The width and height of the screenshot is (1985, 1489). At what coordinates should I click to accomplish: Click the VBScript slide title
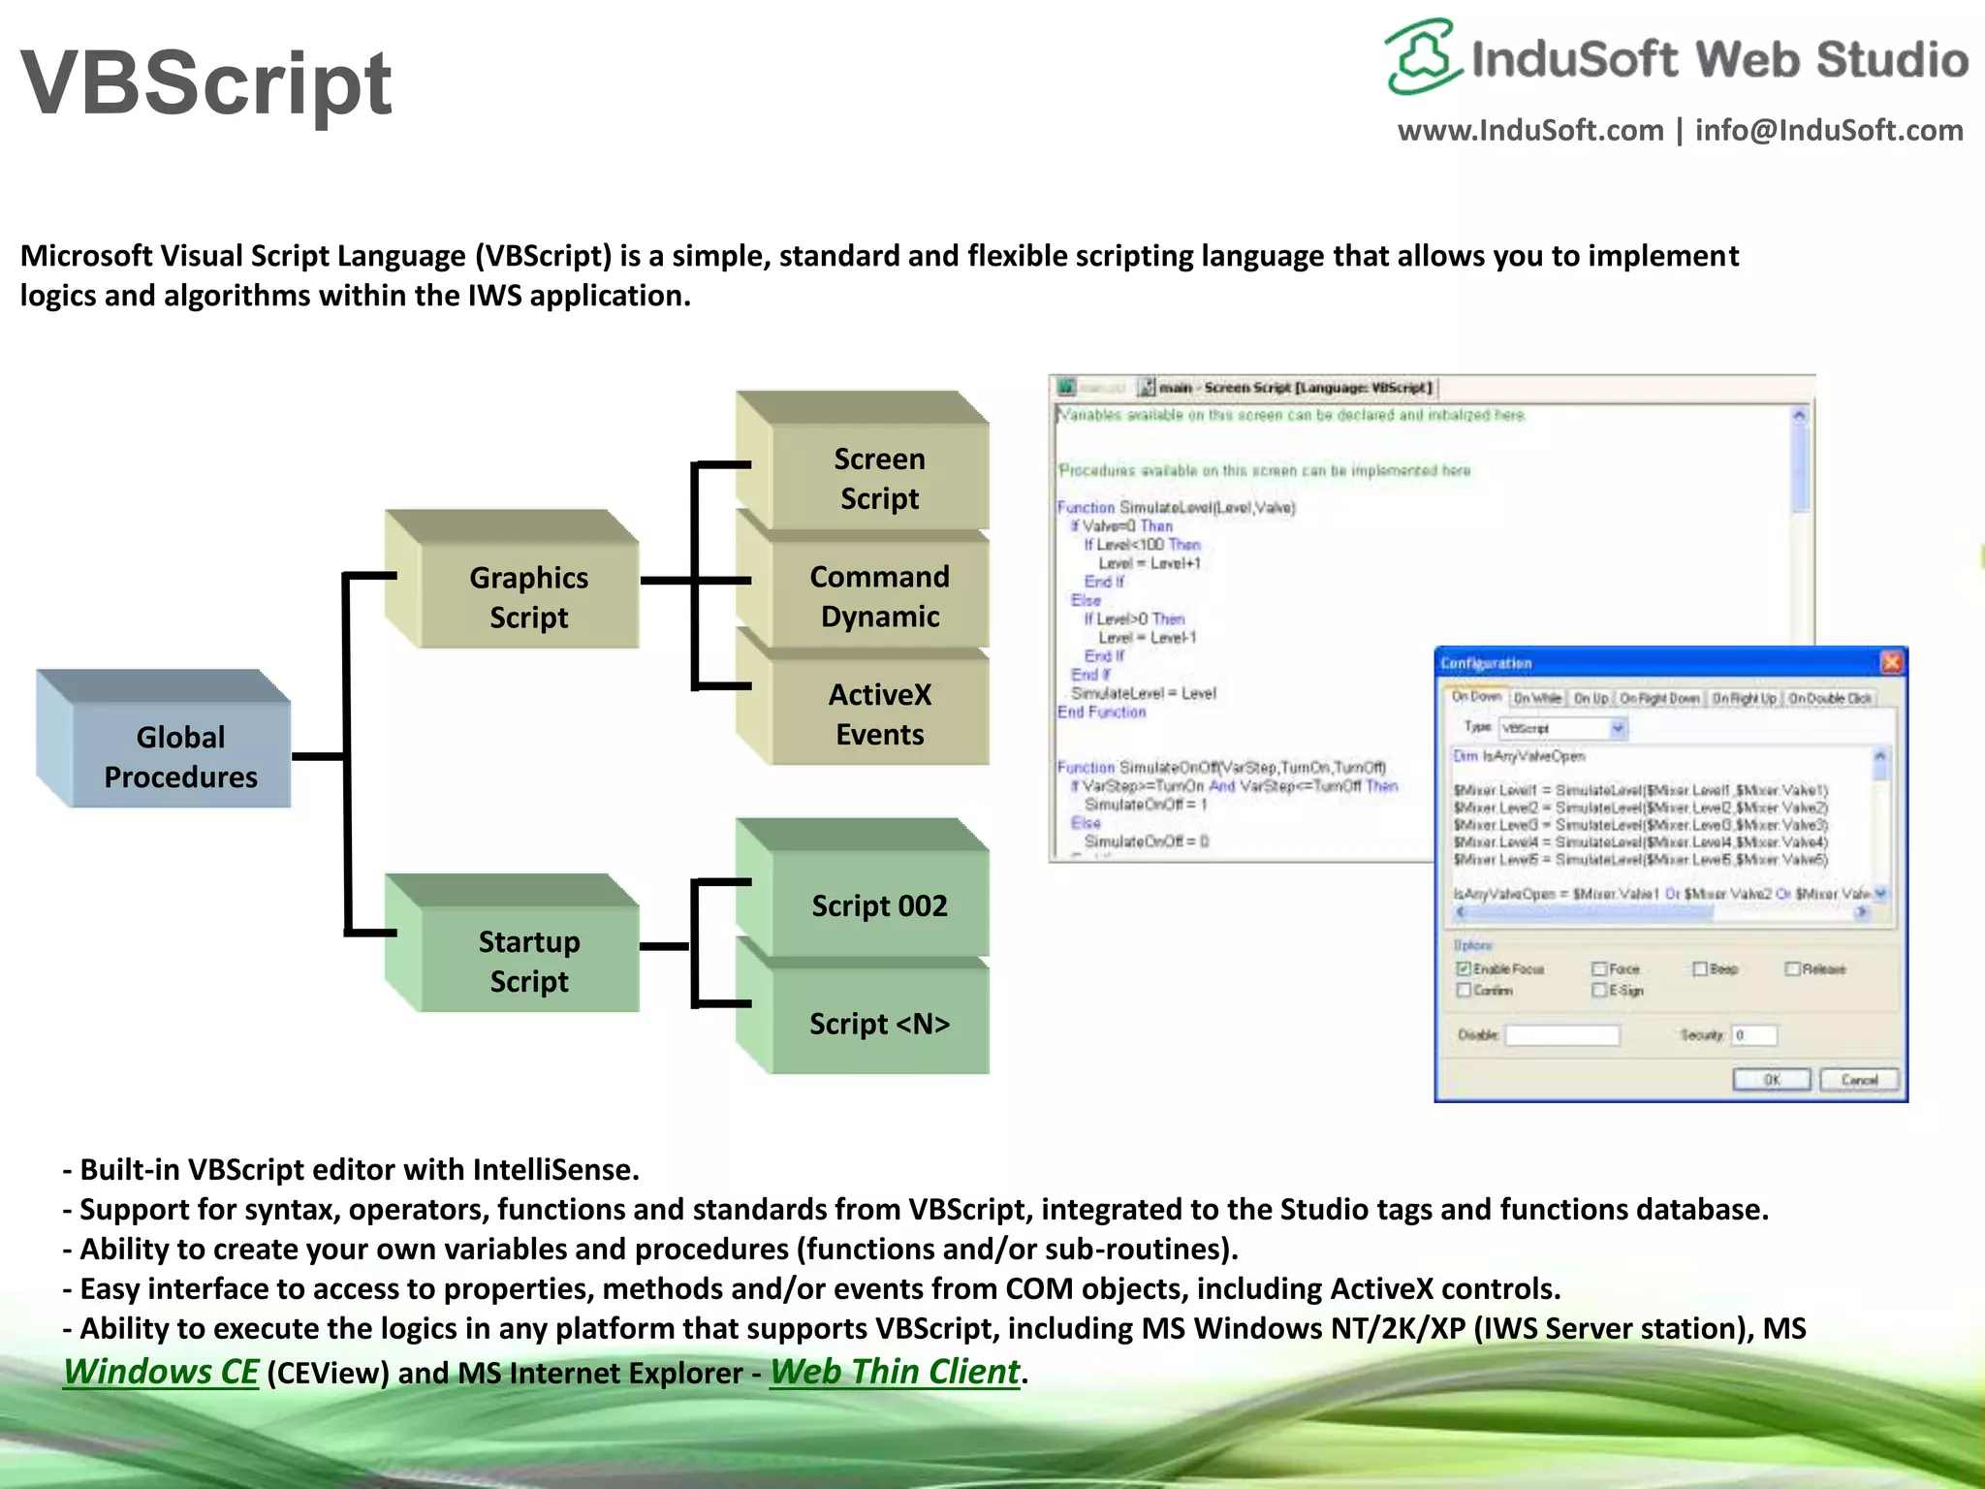click(205, 83)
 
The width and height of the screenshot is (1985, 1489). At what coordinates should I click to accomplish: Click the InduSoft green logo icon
click(1422, 56)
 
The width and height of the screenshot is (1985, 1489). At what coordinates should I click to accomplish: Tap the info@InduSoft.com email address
click(1829, 130)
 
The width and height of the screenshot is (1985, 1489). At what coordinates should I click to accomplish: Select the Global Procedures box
click(180, 756)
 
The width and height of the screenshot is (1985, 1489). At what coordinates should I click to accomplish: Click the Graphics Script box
click(528, 596)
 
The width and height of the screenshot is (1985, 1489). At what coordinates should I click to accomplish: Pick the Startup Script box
click(528, 961)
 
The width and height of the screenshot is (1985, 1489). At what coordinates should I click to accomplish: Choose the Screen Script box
click(879, 478)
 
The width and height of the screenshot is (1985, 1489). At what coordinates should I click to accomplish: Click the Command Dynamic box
click(879, 595)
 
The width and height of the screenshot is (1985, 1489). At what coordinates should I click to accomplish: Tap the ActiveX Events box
click(879, 713)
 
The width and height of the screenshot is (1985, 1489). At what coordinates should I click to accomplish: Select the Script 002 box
click(879, 905)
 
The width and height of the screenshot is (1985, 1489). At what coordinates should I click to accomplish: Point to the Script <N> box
click(879, 1023)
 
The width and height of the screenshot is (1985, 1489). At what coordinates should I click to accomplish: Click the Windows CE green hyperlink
click(161, 1372)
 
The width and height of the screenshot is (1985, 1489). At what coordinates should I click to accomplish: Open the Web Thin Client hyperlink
click(895, 1372)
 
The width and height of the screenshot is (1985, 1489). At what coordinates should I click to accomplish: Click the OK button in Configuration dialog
click(1771, 1079)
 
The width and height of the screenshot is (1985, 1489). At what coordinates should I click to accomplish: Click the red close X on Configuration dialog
click(1891, 662)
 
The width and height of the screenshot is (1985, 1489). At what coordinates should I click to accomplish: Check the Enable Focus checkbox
click(1464, 968)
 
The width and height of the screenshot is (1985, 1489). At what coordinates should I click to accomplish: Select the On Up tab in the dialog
click(1590, 698)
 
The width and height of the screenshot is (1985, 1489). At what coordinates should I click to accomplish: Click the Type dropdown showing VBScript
click(1562, 728)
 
